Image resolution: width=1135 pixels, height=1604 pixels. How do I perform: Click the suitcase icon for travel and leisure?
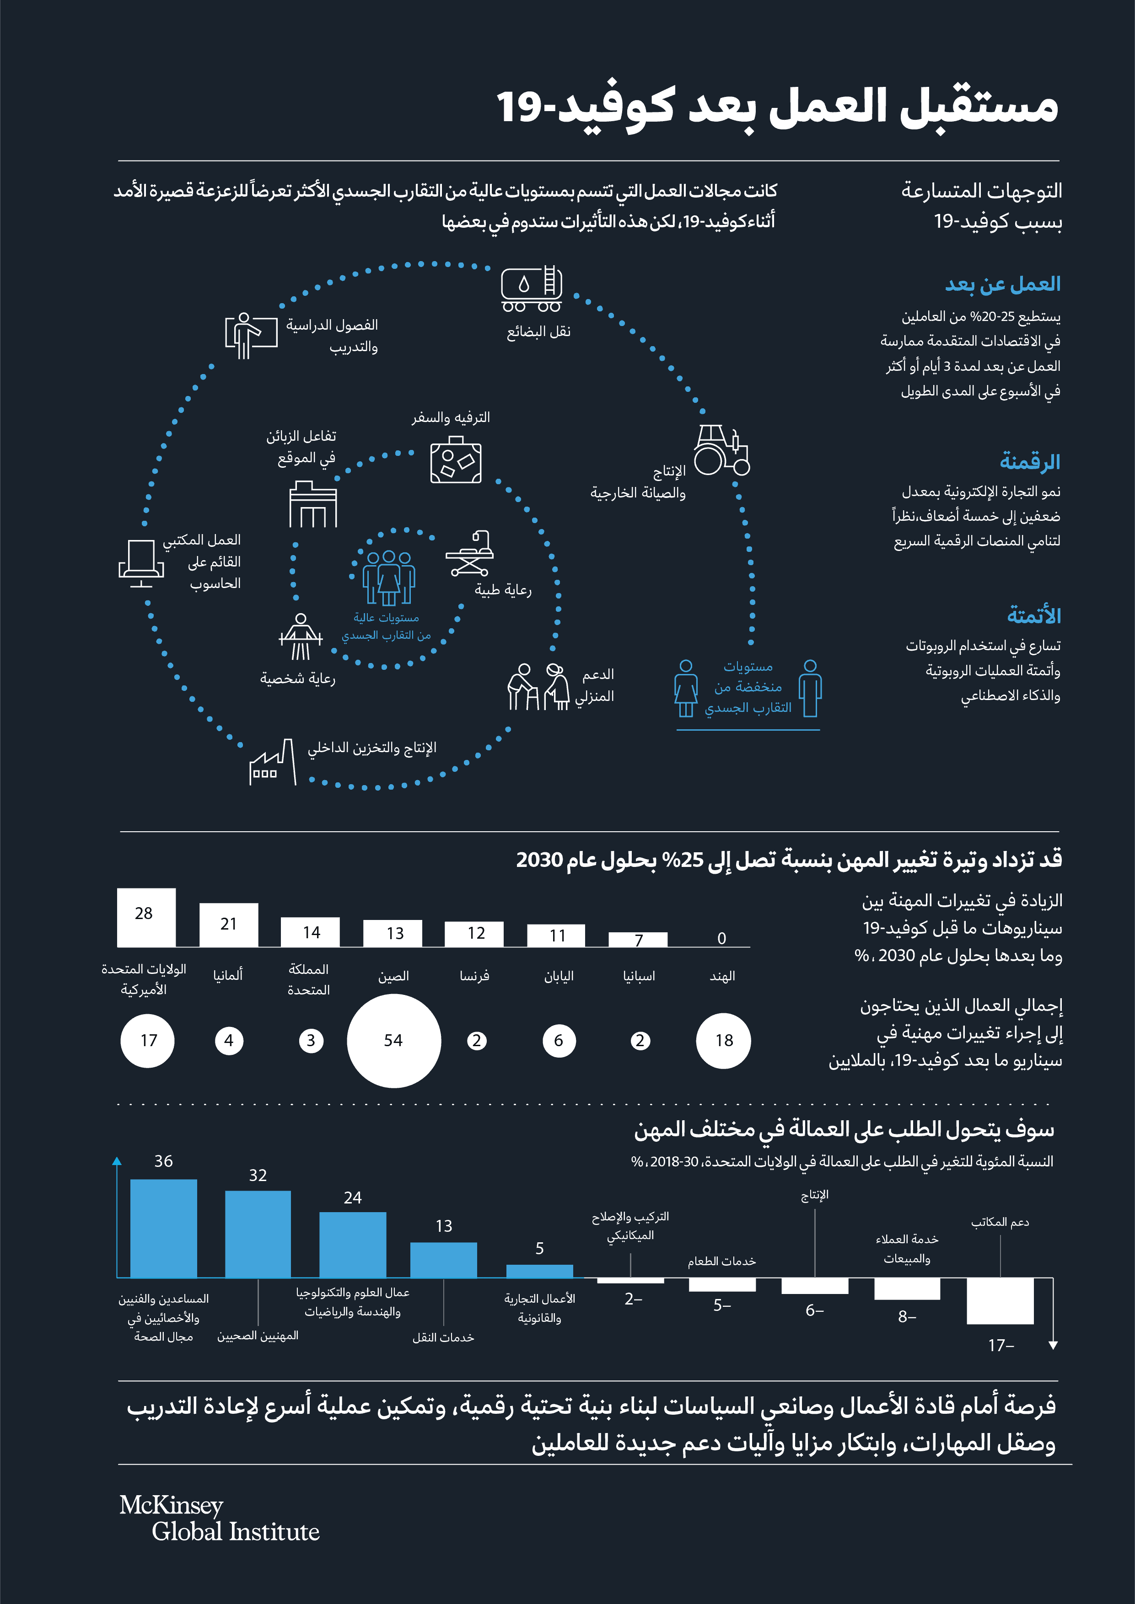[x=456, y=460]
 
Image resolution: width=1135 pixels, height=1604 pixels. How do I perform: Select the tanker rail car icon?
[x=531, y=288]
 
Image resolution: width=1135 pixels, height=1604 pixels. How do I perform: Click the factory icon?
[x=273, y=763]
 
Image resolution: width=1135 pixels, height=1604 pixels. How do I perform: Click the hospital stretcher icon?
[x=470, y=553]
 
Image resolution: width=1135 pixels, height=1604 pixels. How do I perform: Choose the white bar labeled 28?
[x=146, y=917]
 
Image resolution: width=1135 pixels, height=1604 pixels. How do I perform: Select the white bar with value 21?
[x=229, y=924]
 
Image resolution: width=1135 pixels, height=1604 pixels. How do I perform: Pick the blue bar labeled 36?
[x=163, y=1228]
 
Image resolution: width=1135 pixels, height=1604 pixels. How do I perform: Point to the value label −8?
[x=906, y=1316]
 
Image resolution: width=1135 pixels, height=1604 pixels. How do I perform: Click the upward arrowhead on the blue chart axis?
[x=117, y=1161]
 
